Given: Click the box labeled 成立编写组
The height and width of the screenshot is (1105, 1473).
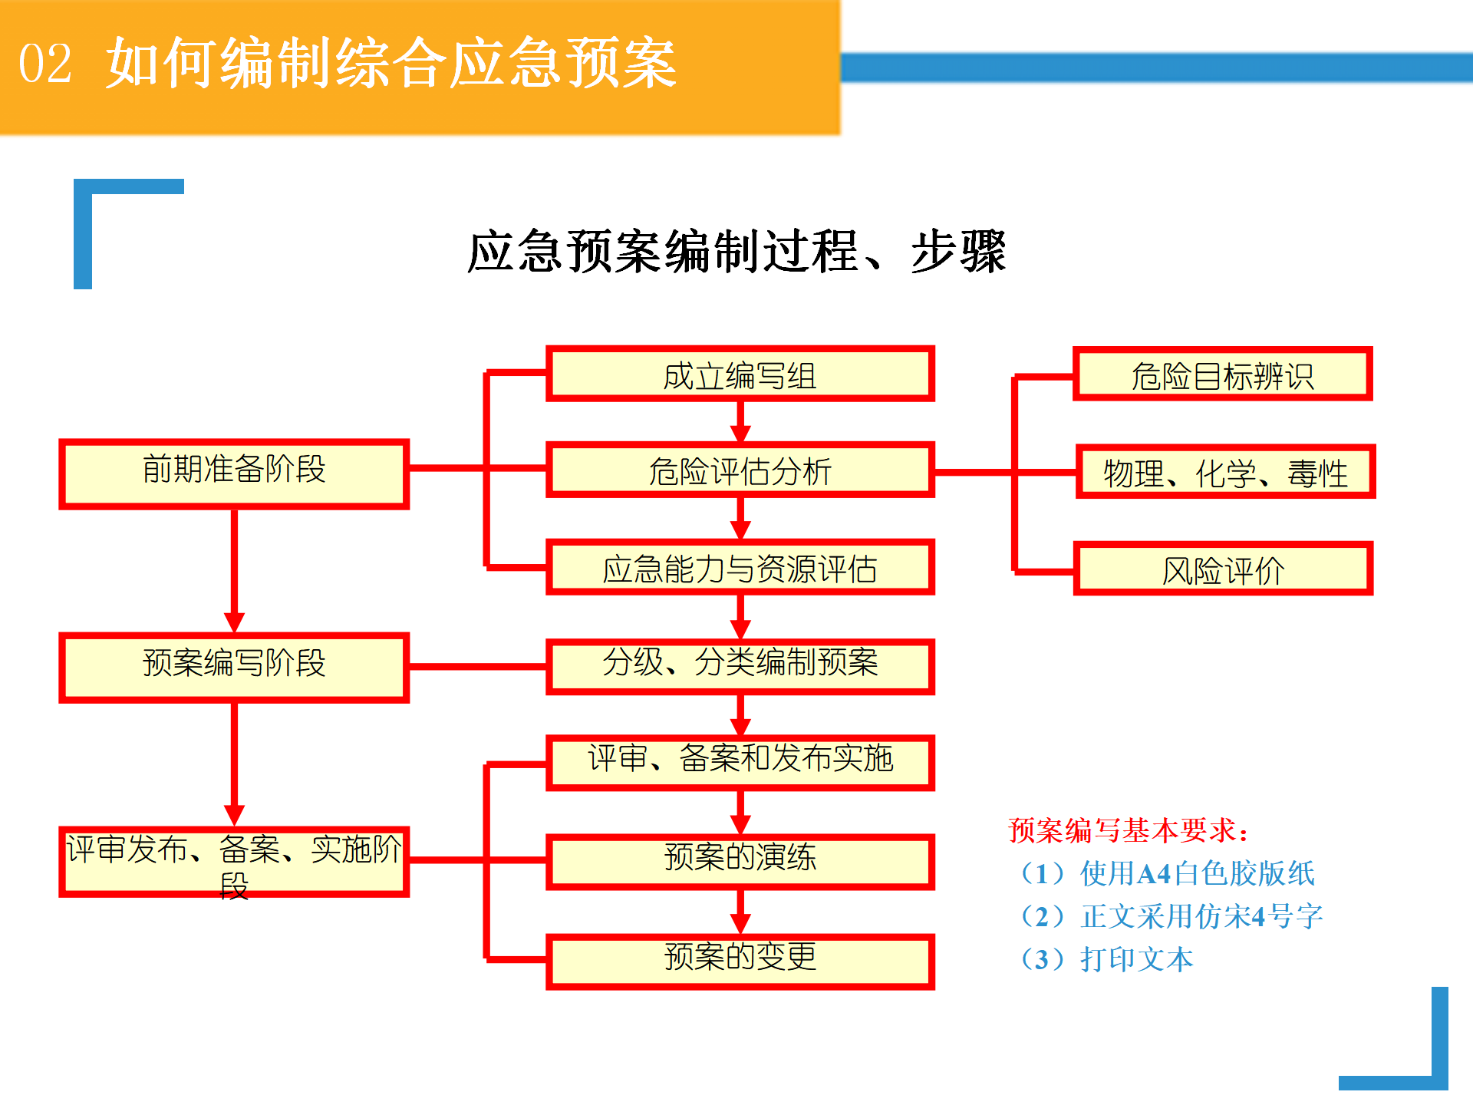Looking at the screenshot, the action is point(740,374).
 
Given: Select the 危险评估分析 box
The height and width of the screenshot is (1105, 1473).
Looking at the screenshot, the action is point(740,470).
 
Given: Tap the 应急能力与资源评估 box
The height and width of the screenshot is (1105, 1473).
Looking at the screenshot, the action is point(740,567).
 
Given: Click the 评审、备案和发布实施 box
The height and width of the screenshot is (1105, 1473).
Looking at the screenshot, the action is point(740,763).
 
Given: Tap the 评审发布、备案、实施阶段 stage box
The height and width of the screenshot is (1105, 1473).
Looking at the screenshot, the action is point(234,862).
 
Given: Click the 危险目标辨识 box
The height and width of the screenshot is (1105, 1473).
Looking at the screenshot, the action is point(1223,374).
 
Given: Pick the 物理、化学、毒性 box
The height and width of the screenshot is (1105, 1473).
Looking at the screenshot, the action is point(1225,471).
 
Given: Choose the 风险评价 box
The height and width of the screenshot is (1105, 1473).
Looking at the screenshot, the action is point(1223,569).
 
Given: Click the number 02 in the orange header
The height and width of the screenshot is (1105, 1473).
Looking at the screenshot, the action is point(45,64).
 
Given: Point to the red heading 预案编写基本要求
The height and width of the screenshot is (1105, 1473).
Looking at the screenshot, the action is point(1128,830).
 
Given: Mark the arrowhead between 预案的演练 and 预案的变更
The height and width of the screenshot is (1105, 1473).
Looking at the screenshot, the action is point(740,924).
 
